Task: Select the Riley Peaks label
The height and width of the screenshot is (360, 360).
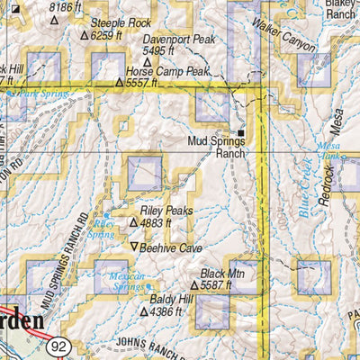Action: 166,210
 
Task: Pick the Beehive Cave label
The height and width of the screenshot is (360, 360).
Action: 173,247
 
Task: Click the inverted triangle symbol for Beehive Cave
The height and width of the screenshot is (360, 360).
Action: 135,247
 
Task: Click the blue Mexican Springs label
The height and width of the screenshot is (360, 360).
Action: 127,282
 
